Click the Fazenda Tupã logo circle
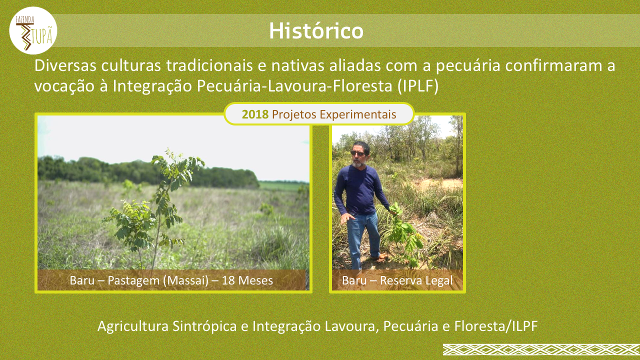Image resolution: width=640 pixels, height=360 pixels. coord(33,30)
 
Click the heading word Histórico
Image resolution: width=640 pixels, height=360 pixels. coord(316,30)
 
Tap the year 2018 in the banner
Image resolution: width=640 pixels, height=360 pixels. coord(255,114)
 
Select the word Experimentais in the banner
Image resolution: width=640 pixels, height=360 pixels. coord(358,114)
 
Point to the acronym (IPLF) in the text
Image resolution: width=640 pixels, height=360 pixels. coord(417,86)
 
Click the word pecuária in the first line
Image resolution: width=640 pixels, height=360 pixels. coord(468,66)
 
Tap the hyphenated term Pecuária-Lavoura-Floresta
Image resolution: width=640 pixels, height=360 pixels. coord(294,86)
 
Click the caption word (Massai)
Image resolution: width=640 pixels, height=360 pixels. coord(186,280)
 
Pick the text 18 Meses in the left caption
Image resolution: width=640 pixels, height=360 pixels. coord(247,280)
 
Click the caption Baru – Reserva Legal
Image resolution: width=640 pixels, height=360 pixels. coord(397,280)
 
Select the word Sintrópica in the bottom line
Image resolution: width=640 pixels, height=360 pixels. coord(204,326)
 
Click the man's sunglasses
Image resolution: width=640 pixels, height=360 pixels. coord(358,153)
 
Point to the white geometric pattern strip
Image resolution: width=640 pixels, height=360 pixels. coord(541,349)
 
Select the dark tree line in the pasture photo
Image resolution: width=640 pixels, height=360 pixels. coord(148,172)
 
